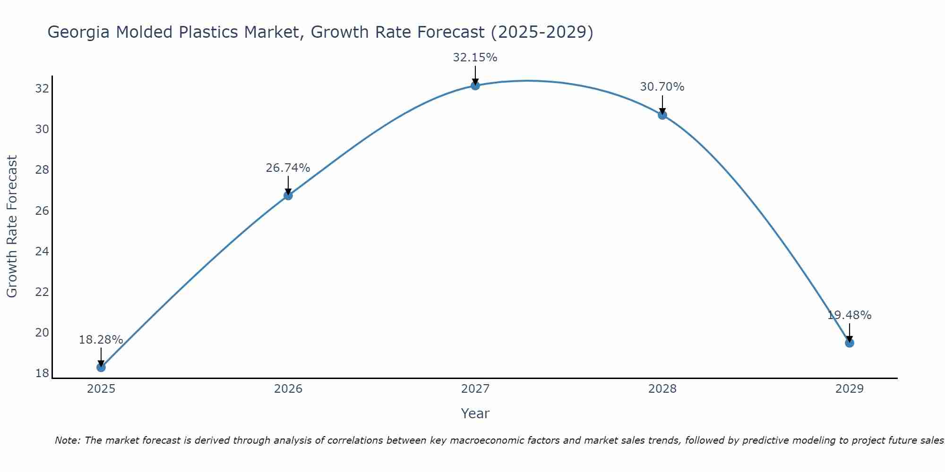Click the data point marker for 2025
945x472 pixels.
click(x=101, y=367)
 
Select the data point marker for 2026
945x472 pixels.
click(x=288, y=195)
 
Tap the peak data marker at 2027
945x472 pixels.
click(x=475, y=85)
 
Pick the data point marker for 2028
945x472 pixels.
click(x=662, y=115)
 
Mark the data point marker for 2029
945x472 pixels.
click(x=850, y=343)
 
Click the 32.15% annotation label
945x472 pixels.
click(x=475, y=58)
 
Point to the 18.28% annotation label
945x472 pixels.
click(x=101, y=340)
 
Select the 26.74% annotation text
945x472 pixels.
click(x=288, y=168)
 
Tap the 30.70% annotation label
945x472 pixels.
click(x=662, y=87)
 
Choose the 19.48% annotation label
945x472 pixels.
click(x=849, y=315)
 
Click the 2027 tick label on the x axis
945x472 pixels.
click(x=475, y=389)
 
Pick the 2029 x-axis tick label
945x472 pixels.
click(x=850, y=389)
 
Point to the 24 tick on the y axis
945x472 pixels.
click(x=42, y=251)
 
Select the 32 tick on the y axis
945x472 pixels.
click(x=42, y=88)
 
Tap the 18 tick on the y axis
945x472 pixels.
click(x=42, y=373)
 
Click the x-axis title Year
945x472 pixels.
click(x=475, y=413)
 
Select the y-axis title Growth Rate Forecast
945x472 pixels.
click(x=12, y=226)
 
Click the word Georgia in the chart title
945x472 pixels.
click(x=79, y=32)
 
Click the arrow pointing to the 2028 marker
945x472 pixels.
click(x=662, y=105)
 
